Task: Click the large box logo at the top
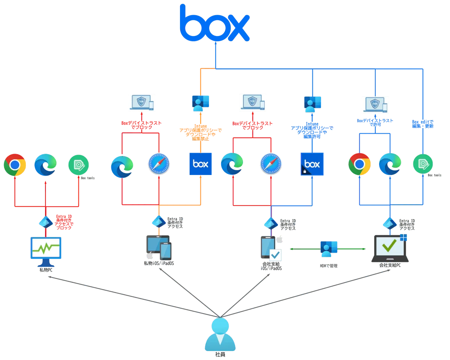click(214, 23)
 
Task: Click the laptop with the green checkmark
click(390, 247)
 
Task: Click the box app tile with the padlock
click(312, 164)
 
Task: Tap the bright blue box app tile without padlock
click(201, 164)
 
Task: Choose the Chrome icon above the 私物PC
click(15, 164)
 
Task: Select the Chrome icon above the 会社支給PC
click(359, 164)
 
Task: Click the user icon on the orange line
click(201, 103)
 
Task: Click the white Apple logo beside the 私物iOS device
click(149, 256)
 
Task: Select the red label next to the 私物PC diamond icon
click(64, 221)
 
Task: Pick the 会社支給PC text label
click(390, 265)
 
